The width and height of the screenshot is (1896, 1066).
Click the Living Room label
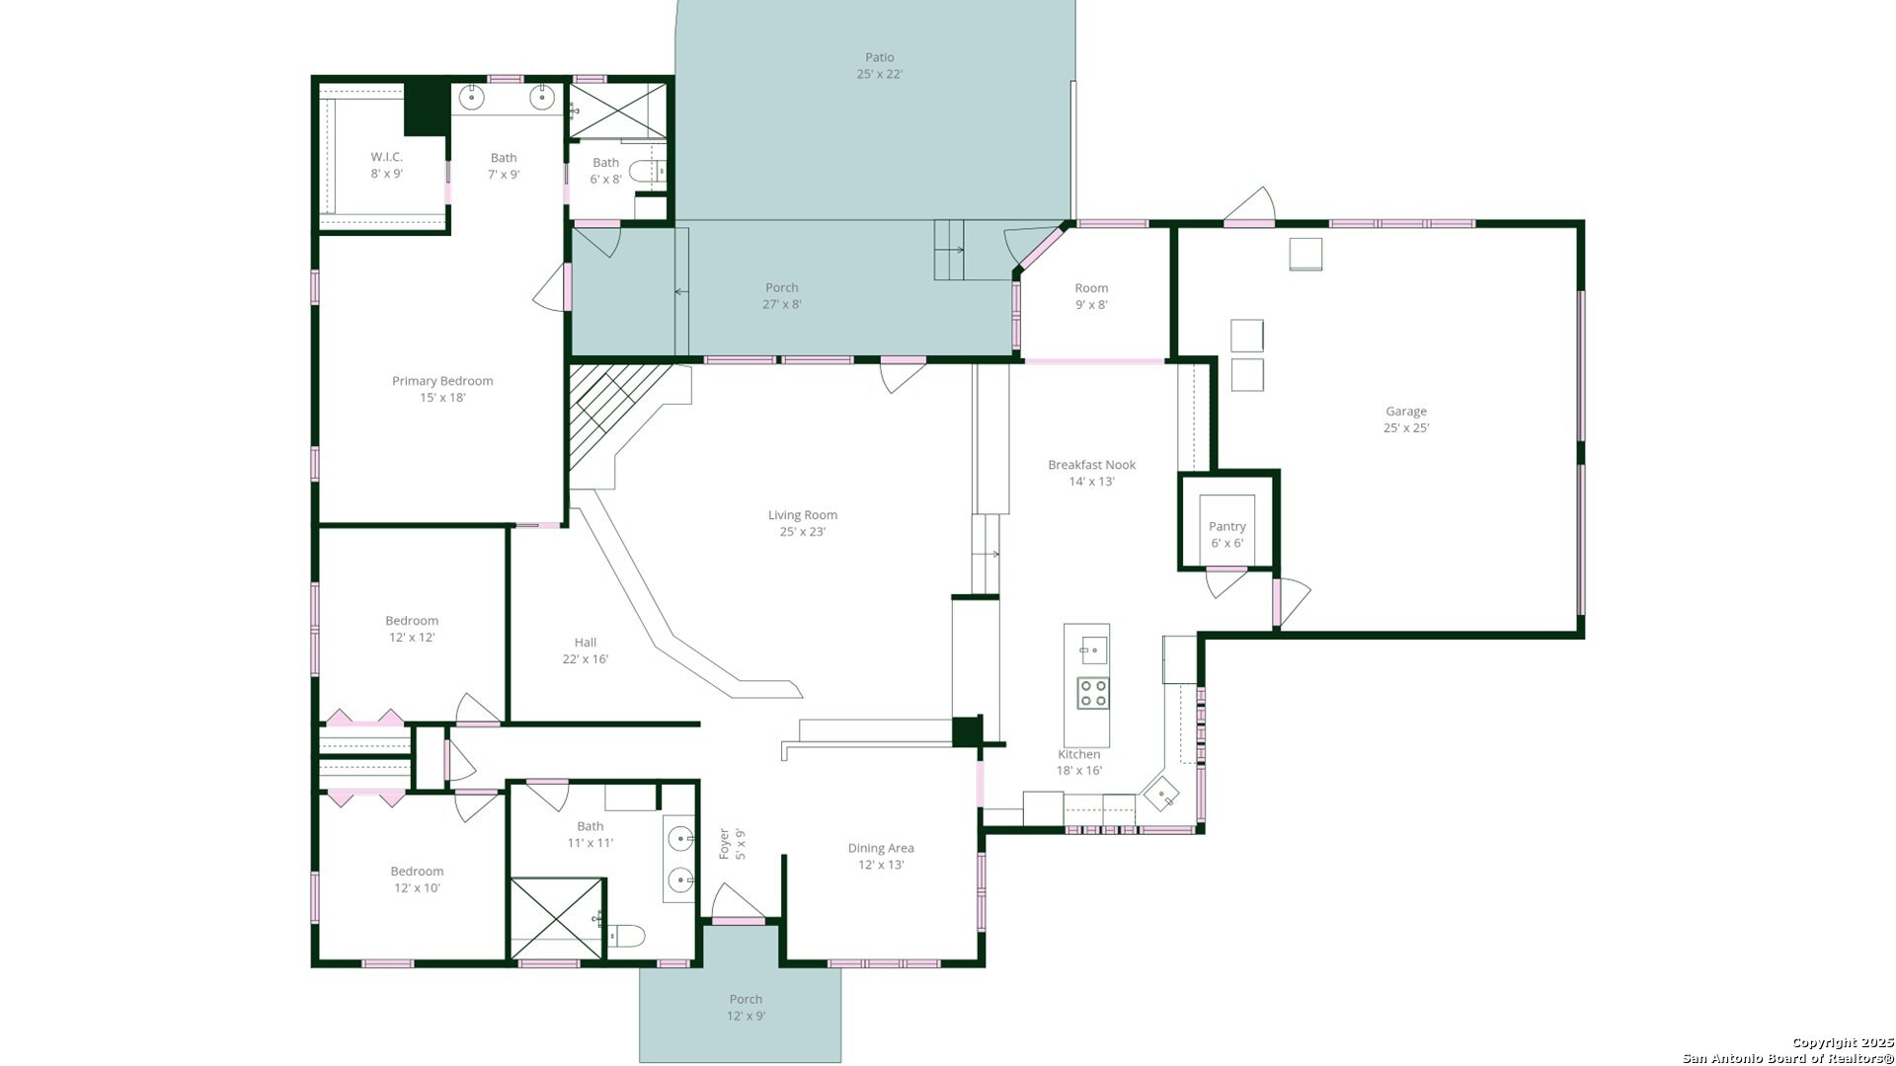click(x=802, y=523)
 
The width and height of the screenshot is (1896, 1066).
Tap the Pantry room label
click(x=1227, y=535)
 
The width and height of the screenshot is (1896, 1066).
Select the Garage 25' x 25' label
click(x=1406, y=419)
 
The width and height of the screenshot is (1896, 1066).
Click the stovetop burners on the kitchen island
click(x=1092, y=693)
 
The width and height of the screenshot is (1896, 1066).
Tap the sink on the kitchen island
click(x=1092, y=649)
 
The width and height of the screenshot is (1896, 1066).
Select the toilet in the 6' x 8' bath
click(x=648, y=171)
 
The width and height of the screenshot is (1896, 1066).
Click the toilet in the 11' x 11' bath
click(x=626, y=935)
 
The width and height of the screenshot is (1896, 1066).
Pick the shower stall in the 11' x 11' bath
click(x=556, y=918)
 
